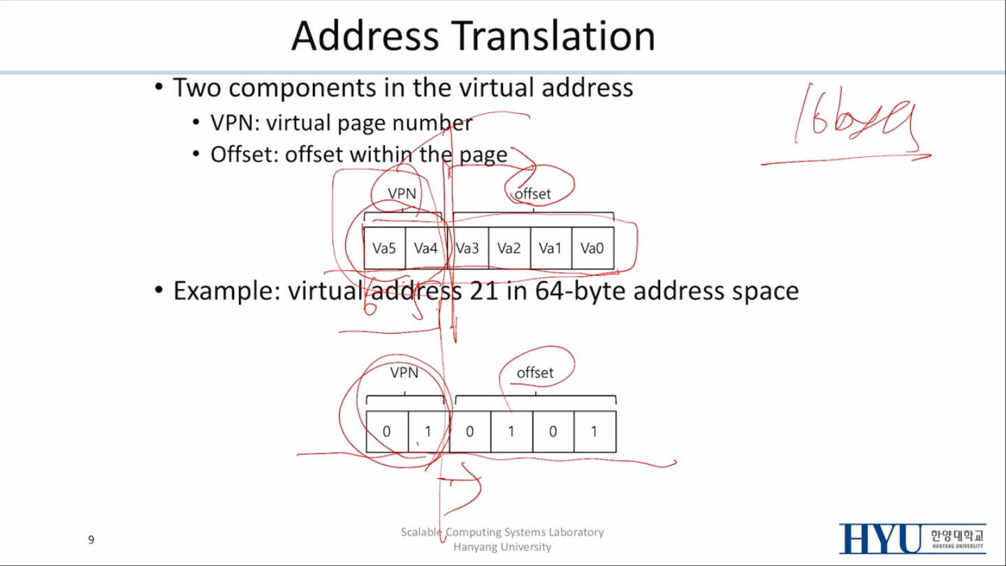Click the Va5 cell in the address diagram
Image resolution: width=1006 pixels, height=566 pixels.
[x=384, y=248]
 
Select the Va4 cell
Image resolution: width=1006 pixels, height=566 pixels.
[x=425, y=248]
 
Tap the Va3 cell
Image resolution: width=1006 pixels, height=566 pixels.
[x=467, y=248]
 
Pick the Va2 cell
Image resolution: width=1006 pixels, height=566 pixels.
[x=509, y=248]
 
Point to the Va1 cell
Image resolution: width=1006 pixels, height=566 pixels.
[x=551, y=248]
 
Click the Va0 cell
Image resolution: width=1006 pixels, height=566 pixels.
[x=592, y=248]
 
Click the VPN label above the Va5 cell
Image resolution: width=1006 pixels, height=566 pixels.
[x=402, y=193]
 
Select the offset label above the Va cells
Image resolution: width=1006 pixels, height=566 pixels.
[x=533, y=194]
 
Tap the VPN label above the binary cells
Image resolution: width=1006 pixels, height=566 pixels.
[x=404, y=373]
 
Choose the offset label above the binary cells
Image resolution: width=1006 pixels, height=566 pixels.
[x=534, y=373]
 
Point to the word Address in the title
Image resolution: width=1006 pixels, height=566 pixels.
[x=366, y=36]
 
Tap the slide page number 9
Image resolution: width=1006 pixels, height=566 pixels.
[x=91, y=539]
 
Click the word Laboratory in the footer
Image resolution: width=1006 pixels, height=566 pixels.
[x=576, y=532]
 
